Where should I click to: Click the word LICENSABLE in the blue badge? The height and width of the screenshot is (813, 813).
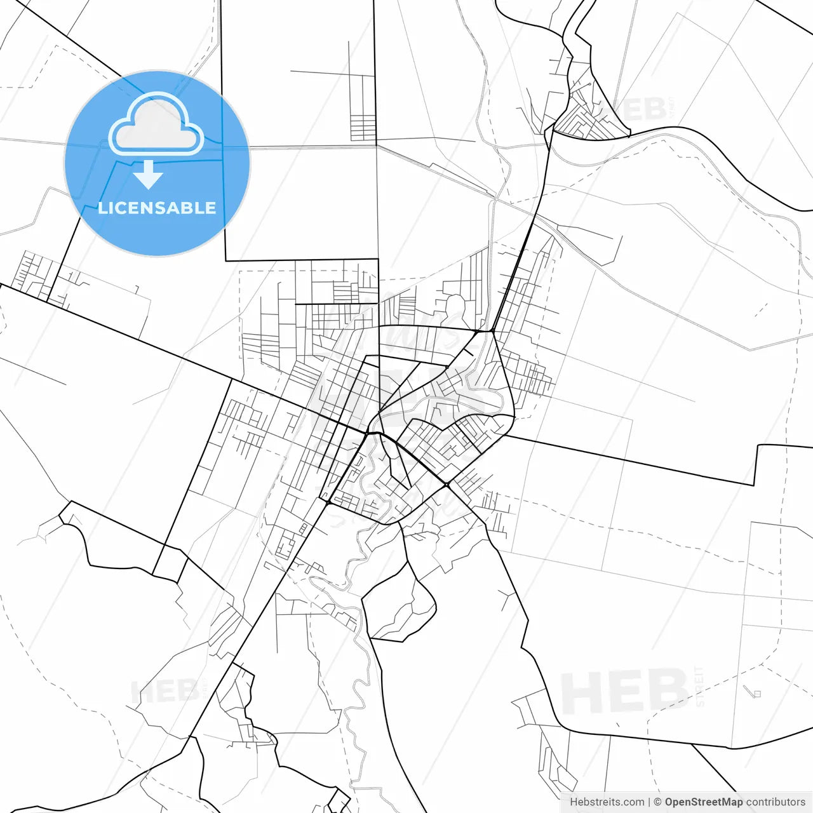point(157,208)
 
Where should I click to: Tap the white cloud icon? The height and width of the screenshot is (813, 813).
point(156,124)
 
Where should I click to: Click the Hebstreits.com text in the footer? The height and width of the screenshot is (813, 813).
point(607,802)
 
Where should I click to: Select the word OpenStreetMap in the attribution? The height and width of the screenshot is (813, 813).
point(703,802)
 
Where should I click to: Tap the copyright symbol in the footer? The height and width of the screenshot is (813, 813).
point(657,802)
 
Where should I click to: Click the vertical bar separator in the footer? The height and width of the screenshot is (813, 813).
point(649,802)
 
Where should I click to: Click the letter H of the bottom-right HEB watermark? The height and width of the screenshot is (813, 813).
point(581,693)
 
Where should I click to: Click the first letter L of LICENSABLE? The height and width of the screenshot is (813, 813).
point(102,208)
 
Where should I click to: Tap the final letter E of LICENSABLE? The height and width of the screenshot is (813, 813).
point(211,208)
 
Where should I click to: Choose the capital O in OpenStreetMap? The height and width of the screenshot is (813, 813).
point(669,802)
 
